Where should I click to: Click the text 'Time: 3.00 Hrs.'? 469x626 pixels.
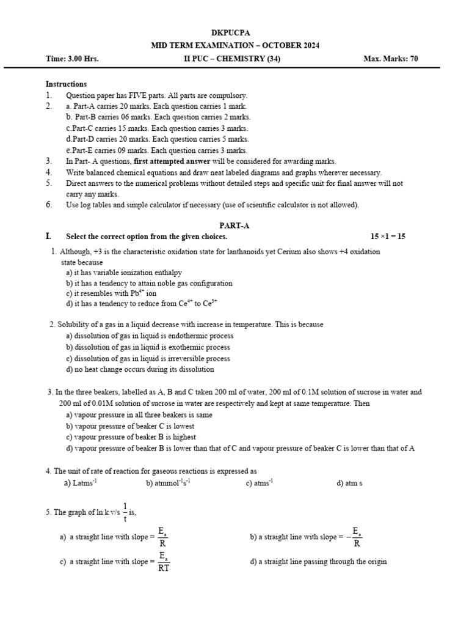pyautogui.click(x=72, y=59)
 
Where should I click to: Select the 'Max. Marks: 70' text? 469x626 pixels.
pyautogui.click(x=391, y=59)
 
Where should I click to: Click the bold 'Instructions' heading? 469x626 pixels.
pyautogui.click(x=66, y=84)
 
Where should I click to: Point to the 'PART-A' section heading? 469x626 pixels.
pyautogui.click(x=234, y=226)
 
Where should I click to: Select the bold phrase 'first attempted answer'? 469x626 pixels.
pyautogui.click(x=172, y=161)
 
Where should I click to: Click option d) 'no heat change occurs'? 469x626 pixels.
pyautogui.click(x=140, y=369)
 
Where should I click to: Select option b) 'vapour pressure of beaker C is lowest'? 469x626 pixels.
pyautogui.click(x=130, y=426)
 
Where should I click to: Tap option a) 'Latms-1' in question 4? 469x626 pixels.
pyautogui.click(x=81, y=483)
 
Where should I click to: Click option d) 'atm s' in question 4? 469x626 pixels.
pyautogui.click(x=349, y=483)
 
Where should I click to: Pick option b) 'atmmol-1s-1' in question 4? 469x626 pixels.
pyautogui.click(x=169, y=483)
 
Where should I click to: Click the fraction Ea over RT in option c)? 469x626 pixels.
pyautogui.click(x=163, y=562)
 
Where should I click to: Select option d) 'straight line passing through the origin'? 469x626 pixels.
pyautogui.click(x=318, y=562)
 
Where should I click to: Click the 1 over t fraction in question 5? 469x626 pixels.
pyautogui.click(x=125, y=512)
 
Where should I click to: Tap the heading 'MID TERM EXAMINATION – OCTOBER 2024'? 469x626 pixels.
pyautogui.click(x=234, y=46)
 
